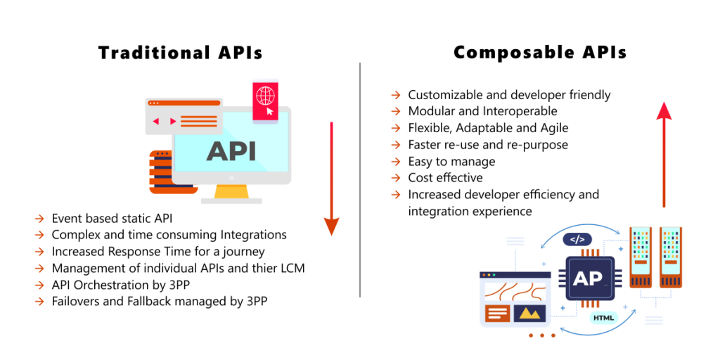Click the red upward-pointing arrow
[664, 155]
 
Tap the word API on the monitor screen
[231, 151]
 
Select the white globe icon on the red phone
[265, 95]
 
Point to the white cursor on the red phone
[270, 111]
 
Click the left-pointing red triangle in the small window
[156, 121]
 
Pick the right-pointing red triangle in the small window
[172, 121]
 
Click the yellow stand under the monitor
[231, 191]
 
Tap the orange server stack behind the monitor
[160, 172]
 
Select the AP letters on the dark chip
[589, 278]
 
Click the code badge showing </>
[577, 239]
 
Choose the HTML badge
[603, 318]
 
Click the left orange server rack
[641, 257]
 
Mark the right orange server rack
[671, 257]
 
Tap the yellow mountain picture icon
[529, 314]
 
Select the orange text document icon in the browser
[497, 314]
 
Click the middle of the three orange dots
[542, 335]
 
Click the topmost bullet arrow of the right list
[396, 94]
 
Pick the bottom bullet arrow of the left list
[39, 302]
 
